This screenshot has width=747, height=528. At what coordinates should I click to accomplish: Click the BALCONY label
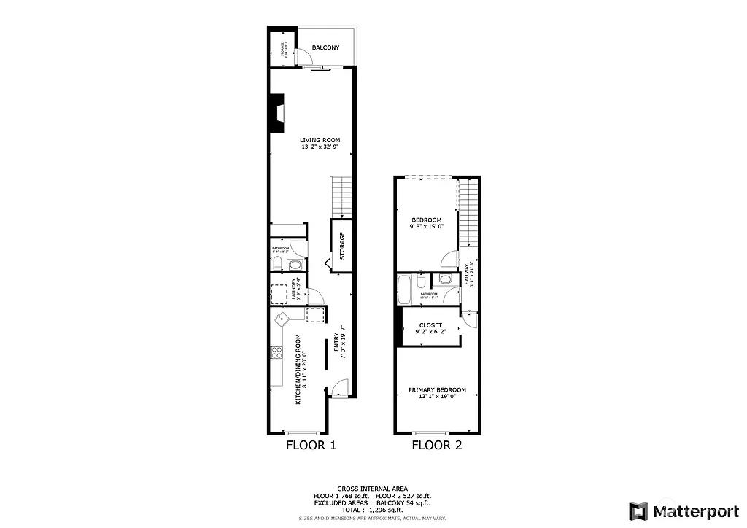(x=325, y=48)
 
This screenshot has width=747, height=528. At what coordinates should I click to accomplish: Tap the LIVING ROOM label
(x=320, y=140)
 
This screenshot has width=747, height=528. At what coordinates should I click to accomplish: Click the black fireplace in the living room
(x=277, y=114)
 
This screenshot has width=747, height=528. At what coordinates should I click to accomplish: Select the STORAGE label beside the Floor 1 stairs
(x=341, y=246)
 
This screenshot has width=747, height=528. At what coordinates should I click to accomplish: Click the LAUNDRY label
(x=295, y=290)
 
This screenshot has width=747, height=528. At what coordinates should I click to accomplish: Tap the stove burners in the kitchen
(x=277, y=353)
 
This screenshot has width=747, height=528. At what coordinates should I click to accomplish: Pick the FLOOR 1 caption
(x=311, y=445)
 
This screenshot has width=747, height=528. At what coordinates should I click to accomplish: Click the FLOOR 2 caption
(x=437, y=445)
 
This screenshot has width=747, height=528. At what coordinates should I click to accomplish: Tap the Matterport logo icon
(x=639, y=510)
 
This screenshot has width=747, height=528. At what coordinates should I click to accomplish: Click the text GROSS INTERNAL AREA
(x=373, y=489)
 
